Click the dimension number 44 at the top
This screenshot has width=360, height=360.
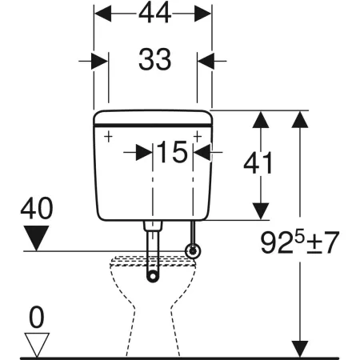[x=154, y=13]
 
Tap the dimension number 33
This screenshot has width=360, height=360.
[x=154, y=59]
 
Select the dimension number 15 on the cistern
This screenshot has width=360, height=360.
[x=172, y=152]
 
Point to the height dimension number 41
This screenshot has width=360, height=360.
[x=258, y=163]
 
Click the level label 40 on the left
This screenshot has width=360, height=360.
[x=37, y=208]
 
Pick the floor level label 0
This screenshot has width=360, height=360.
[x=36, y=318]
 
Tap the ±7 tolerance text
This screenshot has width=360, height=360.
[x=322, y=242]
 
